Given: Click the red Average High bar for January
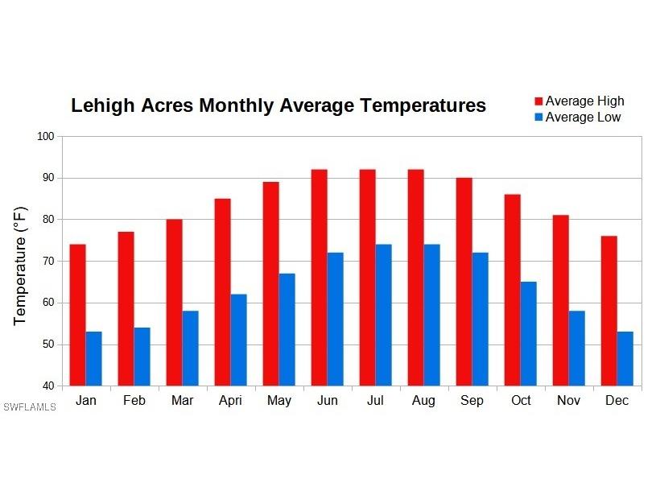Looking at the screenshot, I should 77,315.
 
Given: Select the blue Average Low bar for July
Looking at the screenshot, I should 383,315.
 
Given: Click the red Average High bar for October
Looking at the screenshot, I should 512,290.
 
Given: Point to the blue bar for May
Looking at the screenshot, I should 287,329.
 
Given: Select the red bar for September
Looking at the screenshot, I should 464,282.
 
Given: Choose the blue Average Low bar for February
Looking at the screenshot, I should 142,357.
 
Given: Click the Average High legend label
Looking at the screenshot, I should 584,101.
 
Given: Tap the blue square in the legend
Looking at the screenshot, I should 538,118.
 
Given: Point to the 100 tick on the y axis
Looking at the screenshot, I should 45,136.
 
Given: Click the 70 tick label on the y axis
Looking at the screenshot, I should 47,261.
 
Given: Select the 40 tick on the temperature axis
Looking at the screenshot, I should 47,386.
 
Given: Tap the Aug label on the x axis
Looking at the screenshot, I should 423,401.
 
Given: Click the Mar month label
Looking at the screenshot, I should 183,401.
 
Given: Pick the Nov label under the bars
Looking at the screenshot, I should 569,401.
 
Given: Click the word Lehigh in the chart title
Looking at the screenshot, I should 102,106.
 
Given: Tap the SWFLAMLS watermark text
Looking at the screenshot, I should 30,407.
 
